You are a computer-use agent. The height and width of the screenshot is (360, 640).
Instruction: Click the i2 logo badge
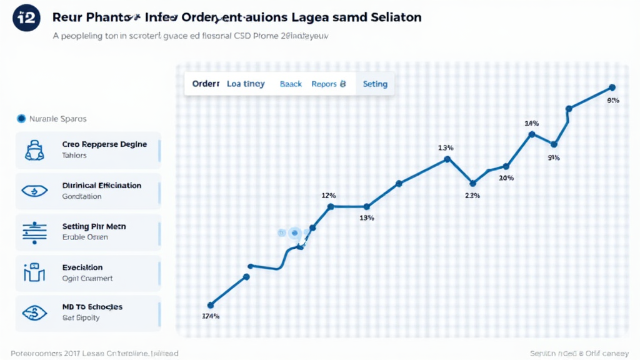tap(25, 17)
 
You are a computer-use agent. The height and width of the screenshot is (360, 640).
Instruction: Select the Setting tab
tap(375, 84)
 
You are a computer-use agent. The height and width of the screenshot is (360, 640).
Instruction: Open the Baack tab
tap(291, 84)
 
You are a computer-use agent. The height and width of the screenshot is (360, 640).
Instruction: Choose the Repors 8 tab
tap(328, 84)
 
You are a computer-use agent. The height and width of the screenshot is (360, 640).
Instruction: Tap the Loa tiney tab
tap(246, 84)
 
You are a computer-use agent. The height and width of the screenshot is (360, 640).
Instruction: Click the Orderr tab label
tap(206, 84)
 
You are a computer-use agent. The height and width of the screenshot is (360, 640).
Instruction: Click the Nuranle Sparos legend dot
tap(21, 118)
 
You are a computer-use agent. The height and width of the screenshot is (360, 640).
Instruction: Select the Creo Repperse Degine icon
tap(34, 150)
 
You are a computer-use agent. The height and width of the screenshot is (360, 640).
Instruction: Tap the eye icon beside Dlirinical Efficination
tap(34, 191)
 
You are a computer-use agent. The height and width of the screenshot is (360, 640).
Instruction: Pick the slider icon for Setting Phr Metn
tap(34, 232)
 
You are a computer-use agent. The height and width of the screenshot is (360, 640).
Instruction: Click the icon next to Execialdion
tap(34, 272)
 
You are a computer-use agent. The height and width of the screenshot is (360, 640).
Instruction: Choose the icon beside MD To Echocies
tap(34, 312)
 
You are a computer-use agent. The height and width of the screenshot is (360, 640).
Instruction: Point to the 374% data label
tap(211, 316)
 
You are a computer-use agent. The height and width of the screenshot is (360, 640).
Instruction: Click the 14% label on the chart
tap(532, 122)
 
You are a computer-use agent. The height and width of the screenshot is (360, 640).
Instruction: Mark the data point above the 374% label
tap(211, 304)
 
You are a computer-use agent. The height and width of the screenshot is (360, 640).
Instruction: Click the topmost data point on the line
tap(611, 87)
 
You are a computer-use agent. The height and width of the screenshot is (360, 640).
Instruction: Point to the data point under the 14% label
tap(532, 134)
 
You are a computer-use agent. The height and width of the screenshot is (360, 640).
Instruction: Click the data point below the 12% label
tap(331, 206)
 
